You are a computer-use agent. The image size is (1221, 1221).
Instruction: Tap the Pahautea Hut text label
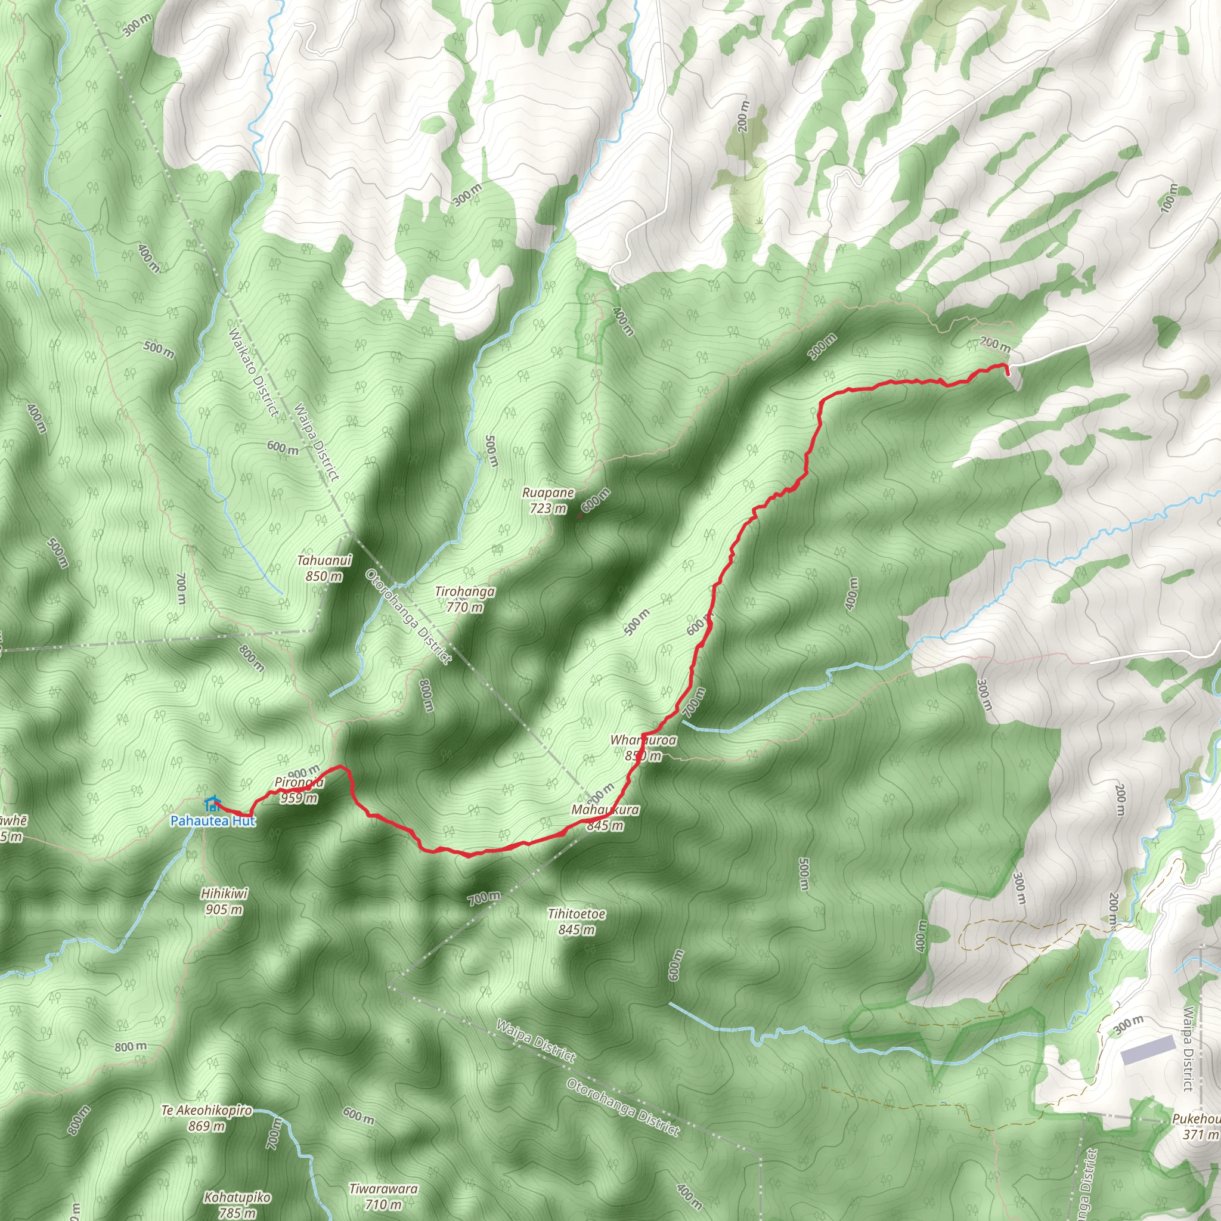point(213,821)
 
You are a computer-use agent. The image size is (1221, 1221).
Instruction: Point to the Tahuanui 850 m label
point(324,568)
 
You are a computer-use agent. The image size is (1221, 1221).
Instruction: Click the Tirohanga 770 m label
point(464,599)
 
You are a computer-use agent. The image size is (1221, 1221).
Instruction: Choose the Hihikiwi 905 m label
point(224,902)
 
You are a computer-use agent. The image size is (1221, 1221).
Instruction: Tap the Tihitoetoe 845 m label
point(577,922)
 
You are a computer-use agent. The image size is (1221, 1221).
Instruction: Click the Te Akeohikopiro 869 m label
point(207,1118)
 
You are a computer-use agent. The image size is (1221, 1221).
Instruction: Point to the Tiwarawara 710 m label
point(383,1197)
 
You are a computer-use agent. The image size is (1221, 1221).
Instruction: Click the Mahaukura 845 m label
point(605,817)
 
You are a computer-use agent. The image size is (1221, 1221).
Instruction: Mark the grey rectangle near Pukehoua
point(1148,1050)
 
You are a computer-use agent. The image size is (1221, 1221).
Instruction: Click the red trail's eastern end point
point(1008,372)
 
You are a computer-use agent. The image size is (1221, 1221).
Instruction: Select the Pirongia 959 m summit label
point(299,790)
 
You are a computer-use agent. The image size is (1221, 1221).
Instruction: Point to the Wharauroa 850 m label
point(643,748)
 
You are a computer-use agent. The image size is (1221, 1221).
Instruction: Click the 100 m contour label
point(1169,197)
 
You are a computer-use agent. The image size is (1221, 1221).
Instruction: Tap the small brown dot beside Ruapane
point(579,516)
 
